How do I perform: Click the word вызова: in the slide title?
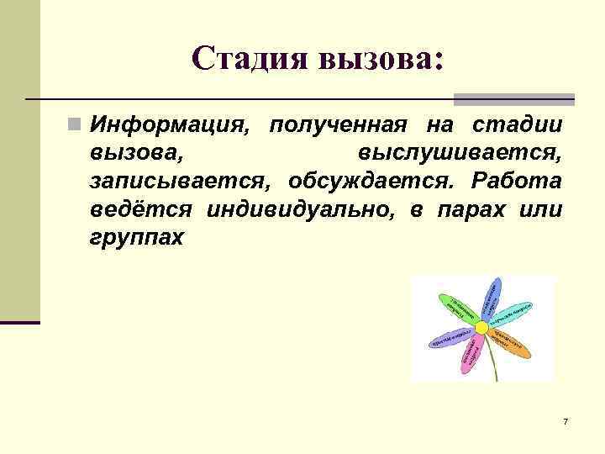click(378, 58)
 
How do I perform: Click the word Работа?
click(518, 182)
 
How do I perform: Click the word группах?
click(135, 237)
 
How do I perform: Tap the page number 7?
click(566, 420)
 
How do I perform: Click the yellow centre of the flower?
click(481, 326)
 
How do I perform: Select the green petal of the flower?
click(459, 308)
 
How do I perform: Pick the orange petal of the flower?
click(510, 343)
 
